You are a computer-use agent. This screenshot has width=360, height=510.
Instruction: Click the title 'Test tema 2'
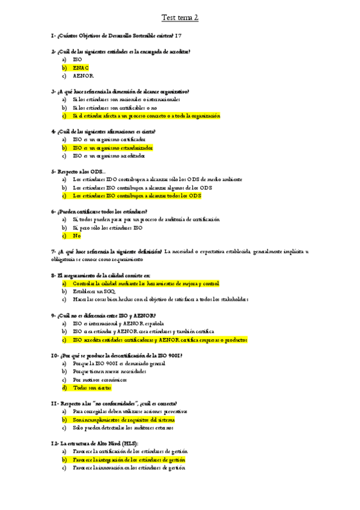point(180,18)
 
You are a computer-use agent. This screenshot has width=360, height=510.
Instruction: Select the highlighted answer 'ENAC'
point(81,68)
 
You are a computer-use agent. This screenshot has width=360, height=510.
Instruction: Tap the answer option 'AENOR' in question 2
point(83,76)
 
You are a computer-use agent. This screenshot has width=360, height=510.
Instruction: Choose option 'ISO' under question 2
point(78,60)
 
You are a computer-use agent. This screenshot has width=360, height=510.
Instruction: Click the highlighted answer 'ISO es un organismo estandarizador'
point(112,147)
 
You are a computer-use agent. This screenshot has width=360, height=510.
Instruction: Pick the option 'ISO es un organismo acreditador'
point(109,155)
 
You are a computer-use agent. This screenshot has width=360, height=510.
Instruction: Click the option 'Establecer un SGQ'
point(98,290)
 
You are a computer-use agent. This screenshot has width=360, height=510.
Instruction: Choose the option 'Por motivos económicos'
point(100,379)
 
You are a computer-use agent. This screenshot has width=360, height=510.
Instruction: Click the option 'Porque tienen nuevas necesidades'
point(109,372)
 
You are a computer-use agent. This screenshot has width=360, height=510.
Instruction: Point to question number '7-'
point(55,251)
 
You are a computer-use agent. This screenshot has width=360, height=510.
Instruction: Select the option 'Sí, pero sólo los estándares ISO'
point(108,227)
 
